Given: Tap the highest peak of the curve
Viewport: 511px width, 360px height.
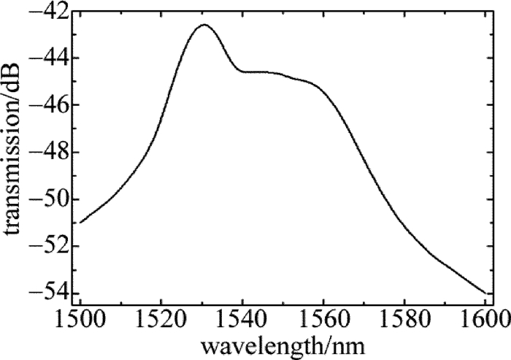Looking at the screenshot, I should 204,25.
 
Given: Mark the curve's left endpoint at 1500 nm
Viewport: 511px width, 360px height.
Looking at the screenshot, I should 80,222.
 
